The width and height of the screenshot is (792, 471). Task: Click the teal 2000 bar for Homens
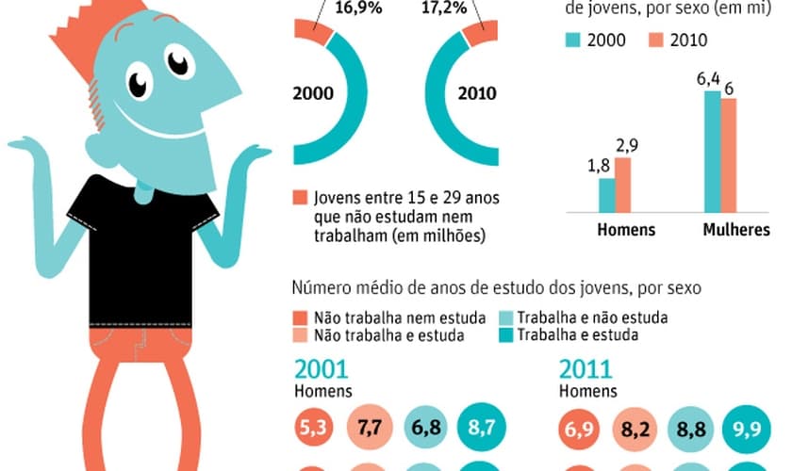[x=606, y=194]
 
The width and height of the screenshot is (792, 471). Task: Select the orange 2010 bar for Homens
[x=622, y=185]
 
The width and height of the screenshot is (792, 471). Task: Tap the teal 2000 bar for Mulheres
[x=712, y=151]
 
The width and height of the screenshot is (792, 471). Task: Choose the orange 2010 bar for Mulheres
[x=728, y=154]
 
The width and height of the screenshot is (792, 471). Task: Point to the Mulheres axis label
[x=735, y=230]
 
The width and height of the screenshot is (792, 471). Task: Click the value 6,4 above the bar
[x=708, y=80]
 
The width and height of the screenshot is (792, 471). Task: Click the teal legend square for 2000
[x=572, y=40]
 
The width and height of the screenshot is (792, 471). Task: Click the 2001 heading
[x=321, y=369]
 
